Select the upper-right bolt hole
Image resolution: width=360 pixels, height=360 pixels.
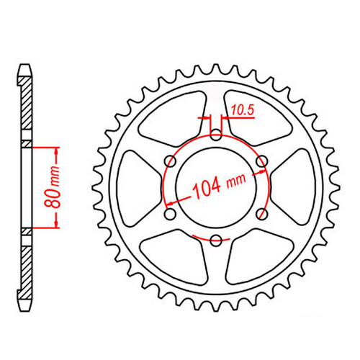click(263, 160)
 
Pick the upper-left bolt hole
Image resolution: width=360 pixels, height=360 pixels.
click(170, 160)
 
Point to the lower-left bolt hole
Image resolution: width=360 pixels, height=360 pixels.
click(170, 214)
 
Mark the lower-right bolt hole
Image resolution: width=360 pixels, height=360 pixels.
click(263, 214)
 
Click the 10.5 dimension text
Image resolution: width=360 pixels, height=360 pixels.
click(242, 110)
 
